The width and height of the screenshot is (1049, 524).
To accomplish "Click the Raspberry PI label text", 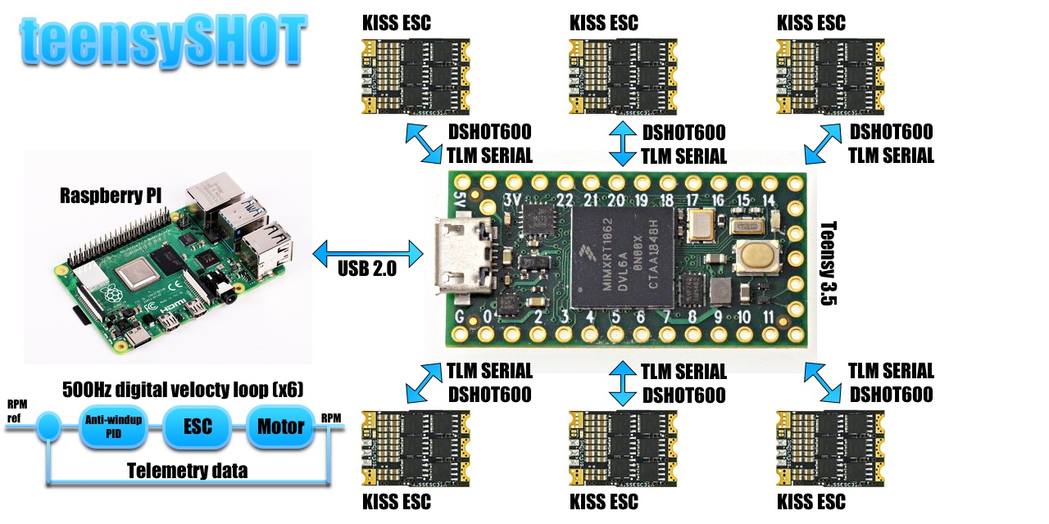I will pyautogui.click(x=110, y=196).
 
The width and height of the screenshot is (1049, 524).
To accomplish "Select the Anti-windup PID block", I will pyautogui.click(x=114, y=426).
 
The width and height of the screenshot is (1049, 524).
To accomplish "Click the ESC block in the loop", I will pyautogui.click(x=198, y=427).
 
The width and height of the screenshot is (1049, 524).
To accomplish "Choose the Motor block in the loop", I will pyautogui.click(x=280, y=427).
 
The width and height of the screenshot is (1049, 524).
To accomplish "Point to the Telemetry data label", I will pyautogui.click(x=187, y=470).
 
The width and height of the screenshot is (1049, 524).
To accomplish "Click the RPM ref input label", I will pyautogui.click(x=17, y=412).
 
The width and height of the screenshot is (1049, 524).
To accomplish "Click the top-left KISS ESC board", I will pyautogui.click(x=416, y=76).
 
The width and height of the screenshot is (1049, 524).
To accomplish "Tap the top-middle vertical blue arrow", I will pyautogui.click(x=623, y=143).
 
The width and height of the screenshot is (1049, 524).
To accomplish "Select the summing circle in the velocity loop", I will pyautogui.click(x=51, y=426).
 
